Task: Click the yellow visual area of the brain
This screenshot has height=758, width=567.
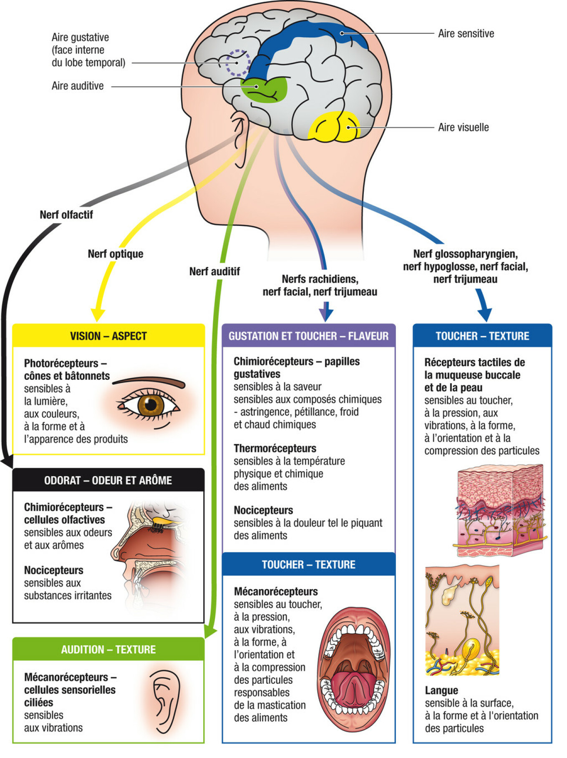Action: tap(334, 126)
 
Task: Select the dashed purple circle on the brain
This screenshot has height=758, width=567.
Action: tap(238, 63)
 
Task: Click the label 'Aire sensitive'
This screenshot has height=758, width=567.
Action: tap(466, 34)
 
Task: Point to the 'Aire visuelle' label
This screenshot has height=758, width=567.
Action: tap(463, 128)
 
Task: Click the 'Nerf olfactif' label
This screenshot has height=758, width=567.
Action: tap(66, 215)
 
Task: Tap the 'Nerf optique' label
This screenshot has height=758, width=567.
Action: tap(116, 254)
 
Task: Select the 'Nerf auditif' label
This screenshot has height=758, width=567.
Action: tap(214, 271)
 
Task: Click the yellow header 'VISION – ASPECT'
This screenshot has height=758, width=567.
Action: tap(108, 336)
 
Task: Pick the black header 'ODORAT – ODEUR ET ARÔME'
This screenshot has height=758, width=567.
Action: tap(108, 480)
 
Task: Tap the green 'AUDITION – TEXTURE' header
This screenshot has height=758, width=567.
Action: tap(108, 650)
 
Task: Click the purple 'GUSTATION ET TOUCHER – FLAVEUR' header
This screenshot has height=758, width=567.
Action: tap(309, 336)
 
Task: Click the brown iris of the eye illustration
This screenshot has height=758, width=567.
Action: tap(151, 404)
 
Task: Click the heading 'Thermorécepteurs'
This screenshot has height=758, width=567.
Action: tap(275, 449)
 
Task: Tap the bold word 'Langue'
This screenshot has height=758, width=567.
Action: tap(441, 690)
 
